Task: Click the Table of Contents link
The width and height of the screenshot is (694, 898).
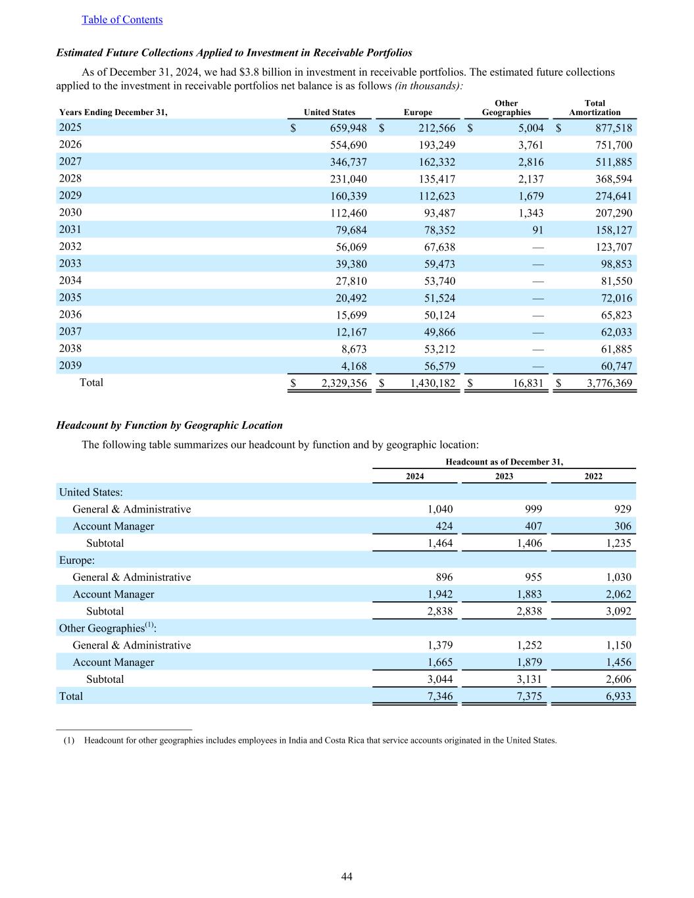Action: (122, 20)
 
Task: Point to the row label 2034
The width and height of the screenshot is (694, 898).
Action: (70, 280)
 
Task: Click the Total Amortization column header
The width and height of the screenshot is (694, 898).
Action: (594, 108)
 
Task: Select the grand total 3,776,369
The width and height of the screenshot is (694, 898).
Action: (609, 384)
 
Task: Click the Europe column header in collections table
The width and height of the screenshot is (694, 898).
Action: (418, 112)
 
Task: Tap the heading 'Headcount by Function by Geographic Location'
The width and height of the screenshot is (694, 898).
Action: (170, 425)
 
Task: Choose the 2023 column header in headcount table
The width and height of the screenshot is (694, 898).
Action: (504, 476)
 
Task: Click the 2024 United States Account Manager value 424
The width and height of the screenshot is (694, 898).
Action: (444, 526)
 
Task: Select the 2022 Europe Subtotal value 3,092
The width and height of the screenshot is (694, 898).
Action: (618, 611)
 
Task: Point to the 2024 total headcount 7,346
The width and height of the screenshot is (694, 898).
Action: (439, 696)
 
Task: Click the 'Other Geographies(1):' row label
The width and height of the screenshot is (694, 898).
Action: (108, 628)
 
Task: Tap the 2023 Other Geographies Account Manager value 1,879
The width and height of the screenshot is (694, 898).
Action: (529, 662)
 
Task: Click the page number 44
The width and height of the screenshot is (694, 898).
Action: (347, 877)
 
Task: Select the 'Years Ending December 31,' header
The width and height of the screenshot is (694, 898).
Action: (113, 112)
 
